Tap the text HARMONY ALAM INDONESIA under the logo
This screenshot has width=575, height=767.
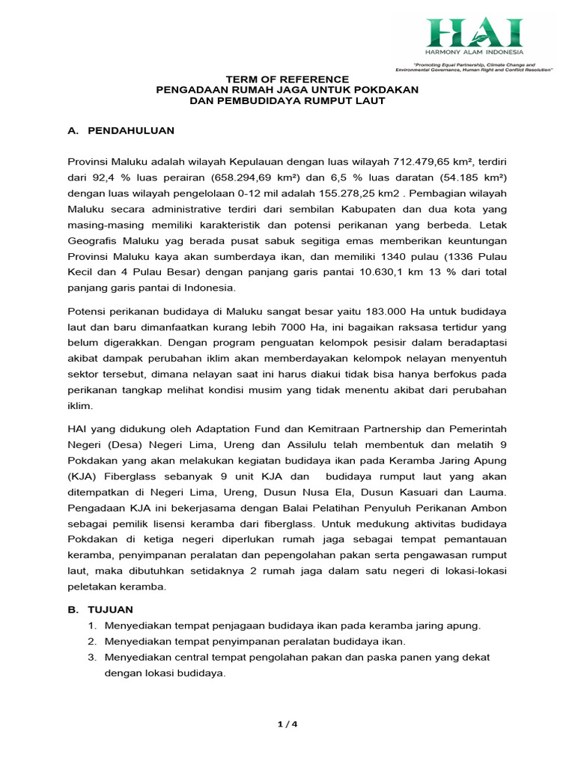tap(474, 52)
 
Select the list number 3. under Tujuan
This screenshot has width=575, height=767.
tap(93, 657)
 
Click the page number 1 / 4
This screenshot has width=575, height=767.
tap(287, 724)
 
